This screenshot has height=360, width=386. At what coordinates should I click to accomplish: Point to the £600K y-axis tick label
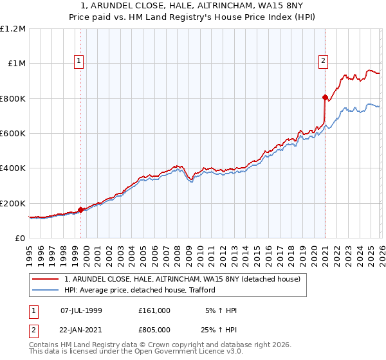tap(13, 134)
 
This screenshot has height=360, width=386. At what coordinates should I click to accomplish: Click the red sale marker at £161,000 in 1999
tap(80, 210)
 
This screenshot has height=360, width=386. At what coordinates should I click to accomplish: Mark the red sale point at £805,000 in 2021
tap(325, 98)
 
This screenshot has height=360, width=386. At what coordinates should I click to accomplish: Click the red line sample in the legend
tap(46, 279)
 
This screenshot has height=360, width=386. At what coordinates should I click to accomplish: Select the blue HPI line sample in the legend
tap(46, 290)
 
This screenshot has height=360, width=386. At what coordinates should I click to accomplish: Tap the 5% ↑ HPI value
tap(221, 310)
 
